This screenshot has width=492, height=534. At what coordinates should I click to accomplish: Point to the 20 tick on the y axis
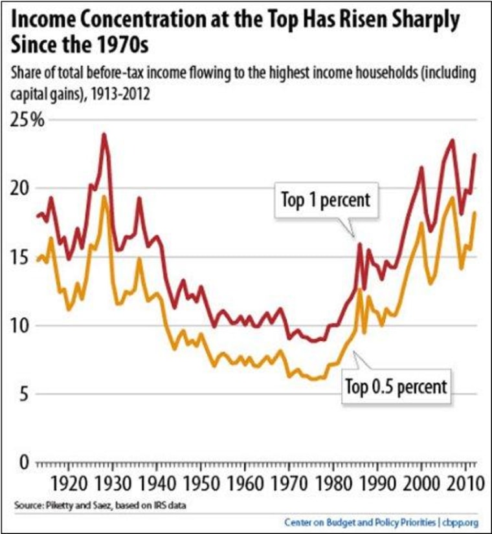click(25, 189)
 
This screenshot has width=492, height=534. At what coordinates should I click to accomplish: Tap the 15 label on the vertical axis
click(23, 257)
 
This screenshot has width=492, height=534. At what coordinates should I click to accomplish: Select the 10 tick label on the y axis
click(23, 325)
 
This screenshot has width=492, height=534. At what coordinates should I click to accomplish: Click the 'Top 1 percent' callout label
click(325, 200)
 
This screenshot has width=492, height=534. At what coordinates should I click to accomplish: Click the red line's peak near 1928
click(104, 134)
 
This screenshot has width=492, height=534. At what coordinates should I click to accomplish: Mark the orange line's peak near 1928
click(104, 197)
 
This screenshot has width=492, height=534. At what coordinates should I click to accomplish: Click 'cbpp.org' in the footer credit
click(460, 521)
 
